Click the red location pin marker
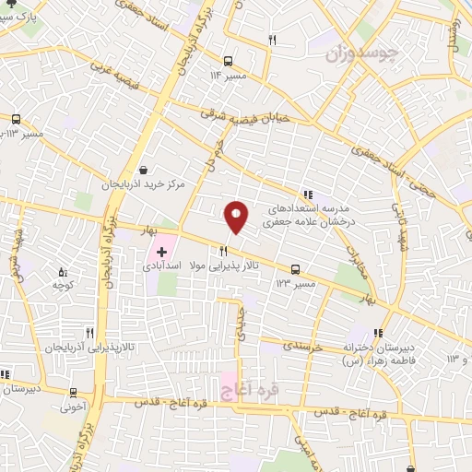(236, 217)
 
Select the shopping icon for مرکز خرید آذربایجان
(144, 170)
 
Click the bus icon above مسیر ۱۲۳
(295, 269)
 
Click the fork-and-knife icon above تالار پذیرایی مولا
(222, 251)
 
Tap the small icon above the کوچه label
(63, 272)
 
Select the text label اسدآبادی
(162, 265)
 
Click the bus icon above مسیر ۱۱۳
(16, 120)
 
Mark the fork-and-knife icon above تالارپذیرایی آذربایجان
(89, 333)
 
